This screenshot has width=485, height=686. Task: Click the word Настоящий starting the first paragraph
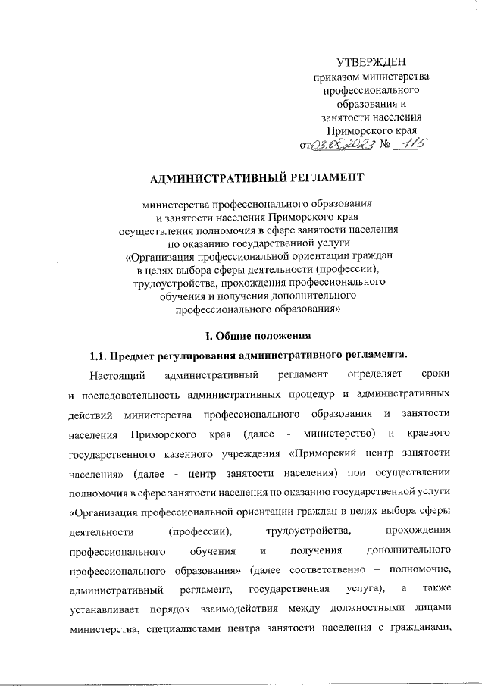[x=114, y=374]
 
